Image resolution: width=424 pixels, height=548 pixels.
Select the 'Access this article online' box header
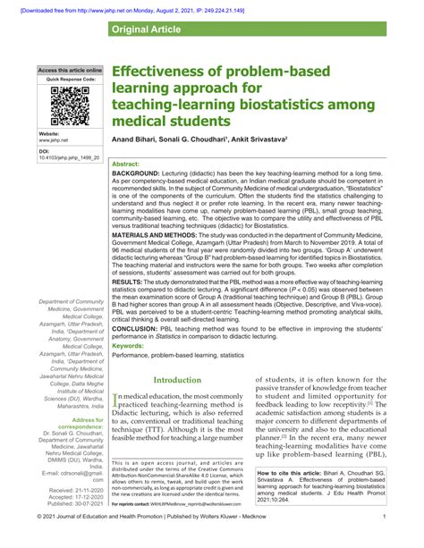[70, 70]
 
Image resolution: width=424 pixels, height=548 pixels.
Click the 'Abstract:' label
[129, 164]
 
